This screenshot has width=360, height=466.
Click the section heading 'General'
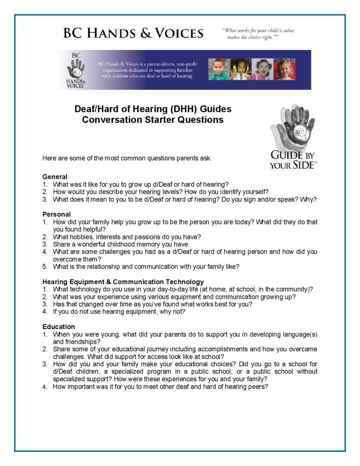pyautogui.click(x=55, y=177)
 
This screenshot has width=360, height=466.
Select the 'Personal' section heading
pyautogui.click(x=56, y=214)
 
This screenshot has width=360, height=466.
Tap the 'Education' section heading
pyautogui.click(x=59, y=327)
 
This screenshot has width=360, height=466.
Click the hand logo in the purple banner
pyautogui.click(x=74, y=69)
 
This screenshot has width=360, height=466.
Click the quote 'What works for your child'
pyautogui.click(x=258, y=34)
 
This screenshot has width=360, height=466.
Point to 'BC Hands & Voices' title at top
pyautogui.click(x=133, y=33)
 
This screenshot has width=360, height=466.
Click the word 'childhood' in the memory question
pyautogui.click(x=128, y=244)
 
